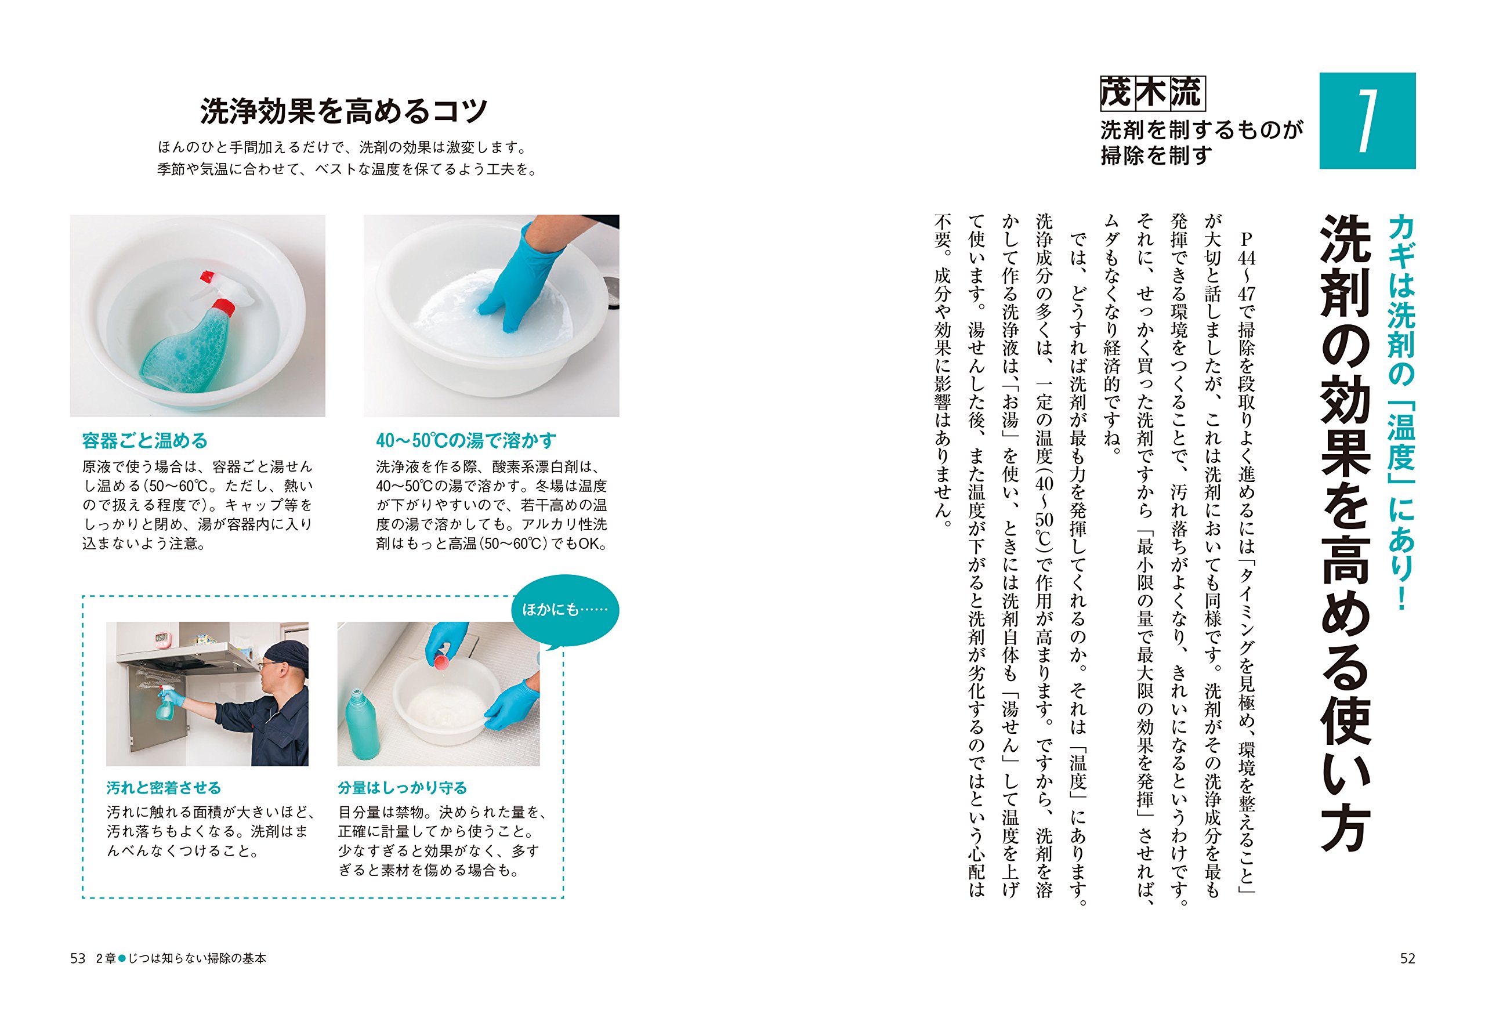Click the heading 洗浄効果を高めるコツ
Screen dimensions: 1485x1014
pos(345,112)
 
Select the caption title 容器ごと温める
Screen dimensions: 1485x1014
pos(145,441)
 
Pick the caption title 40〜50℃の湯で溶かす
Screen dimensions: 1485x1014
pos(466,441)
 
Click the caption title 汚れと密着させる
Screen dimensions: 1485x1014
pos(164,788)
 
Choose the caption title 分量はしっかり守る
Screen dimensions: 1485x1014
pos(403,788)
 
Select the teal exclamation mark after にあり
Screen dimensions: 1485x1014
pos(1401,596)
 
